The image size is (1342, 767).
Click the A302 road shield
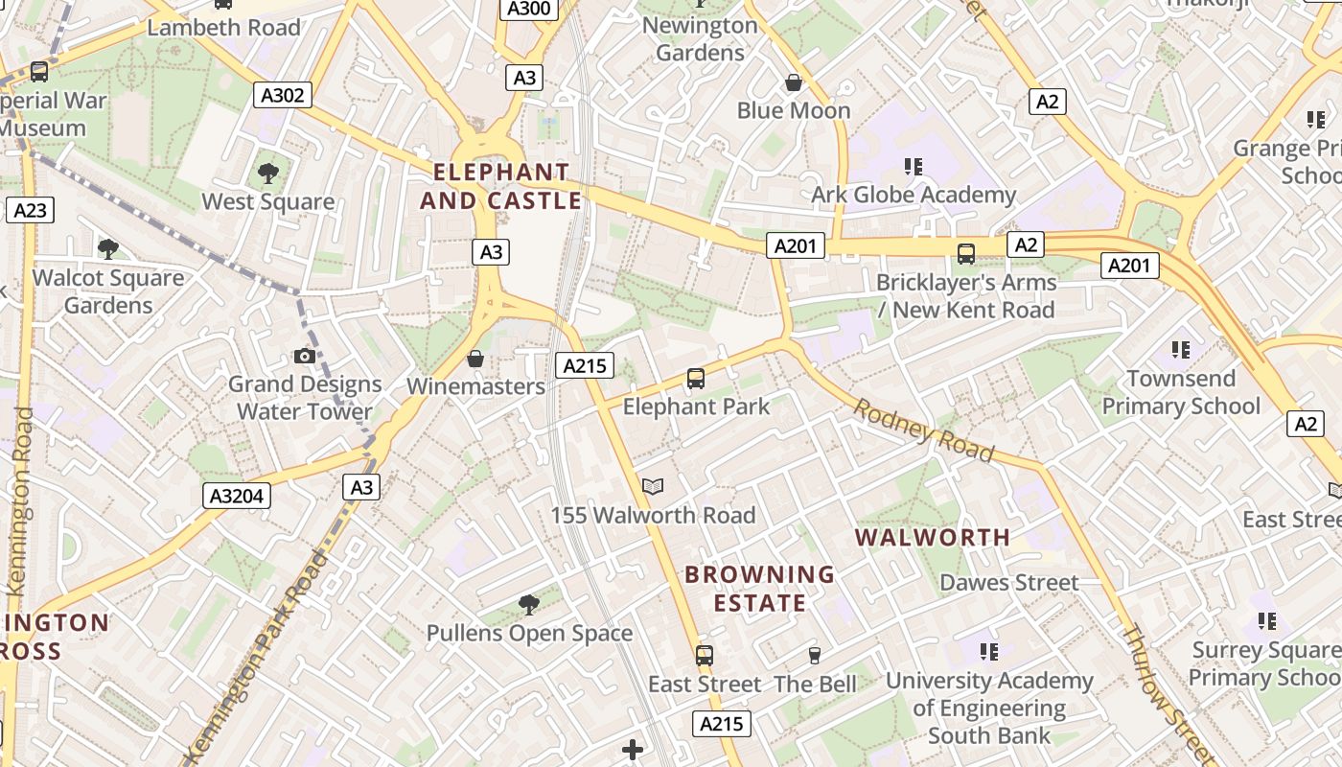283,94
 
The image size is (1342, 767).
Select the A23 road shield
30,210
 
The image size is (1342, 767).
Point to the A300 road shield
529,9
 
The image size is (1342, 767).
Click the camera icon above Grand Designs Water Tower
305,357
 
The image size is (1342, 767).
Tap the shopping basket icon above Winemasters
475,359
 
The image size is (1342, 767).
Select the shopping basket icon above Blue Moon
794,83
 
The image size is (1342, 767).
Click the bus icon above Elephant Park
696,379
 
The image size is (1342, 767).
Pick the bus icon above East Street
705,656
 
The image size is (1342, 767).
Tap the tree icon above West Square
268,174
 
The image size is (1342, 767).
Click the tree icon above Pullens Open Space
528,604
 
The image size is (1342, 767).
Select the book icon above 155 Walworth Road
653,487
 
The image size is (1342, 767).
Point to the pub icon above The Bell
815,656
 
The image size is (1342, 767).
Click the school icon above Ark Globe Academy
914,167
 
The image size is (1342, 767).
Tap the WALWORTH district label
933,537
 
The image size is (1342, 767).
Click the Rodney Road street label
923,430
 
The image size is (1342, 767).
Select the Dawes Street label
1008,582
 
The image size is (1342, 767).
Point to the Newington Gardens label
700,38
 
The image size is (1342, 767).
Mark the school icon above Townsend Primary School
1180,350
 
